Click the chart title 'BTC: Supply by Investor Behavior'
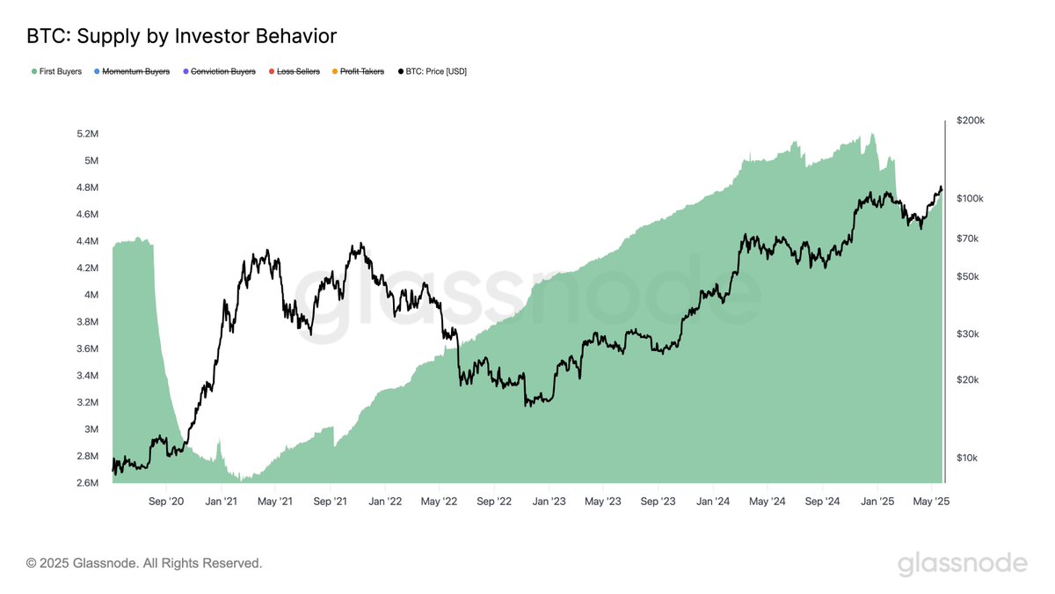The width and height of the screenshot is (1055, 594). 182,37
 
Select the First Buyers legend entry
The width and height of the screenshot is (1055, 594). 58,71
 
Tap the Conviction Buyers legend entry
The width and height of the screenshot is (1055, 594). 219,71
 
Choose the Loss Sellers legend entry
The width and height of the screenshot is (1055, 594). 298,71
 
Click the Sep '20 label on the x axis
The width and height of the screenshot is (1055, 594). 166,502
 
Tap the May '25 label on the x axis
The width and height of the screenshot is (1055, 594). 931,502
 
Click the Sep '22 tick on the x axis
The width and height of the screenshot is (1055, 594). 494,502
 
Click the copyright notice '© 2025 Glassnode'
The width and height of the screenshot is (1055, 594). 144,562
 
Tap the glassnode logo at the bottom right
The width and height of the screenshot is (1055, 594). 962,563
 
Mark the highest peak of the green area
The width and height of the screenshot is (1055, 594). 871,134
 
